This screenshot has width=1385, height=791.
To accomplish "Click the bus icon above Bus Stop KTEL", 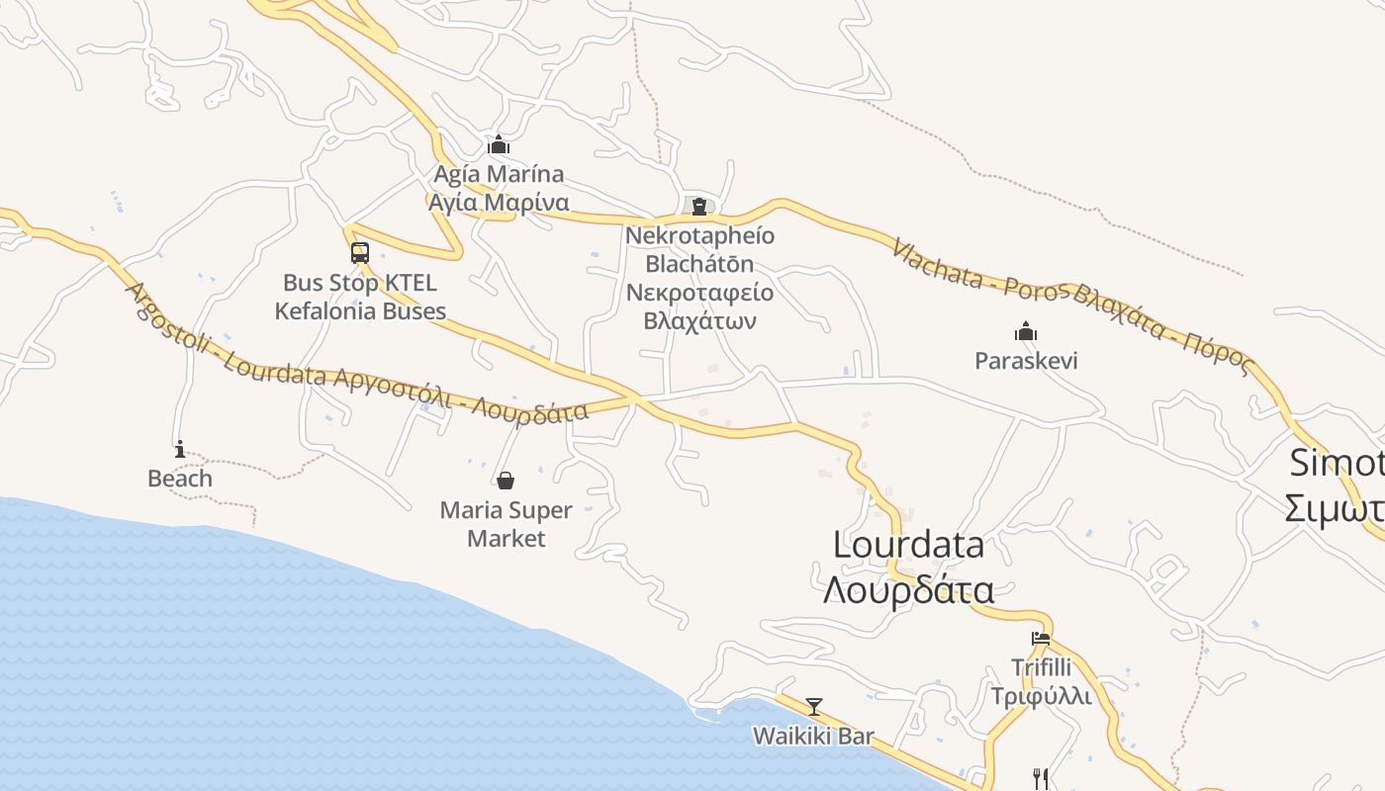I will [x=360, y=252].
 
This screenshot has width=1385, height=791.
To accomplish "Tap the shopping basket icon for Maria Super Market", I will [x=506, y=481].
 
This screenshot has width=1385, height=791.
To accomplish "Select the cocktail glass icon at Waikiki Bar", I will [x=813, y=707].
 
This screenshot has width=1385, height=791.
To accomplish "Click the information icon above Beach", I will [x=179, y=449].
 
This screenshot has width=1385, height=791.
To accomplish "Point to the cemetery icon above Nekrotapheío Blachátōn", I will [x=699, y=206].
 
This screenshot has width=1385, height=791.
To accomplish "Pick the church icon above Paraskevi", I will [x=1026, y=330].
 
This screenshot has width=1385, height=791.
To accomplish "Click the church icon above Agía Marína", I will [x=499, y=145].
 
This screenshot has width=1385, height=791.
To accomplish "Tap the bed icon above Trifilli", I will [x=1041, y=638].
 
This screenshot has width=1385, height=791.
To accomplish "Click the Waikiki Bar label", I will [x=813, y=737].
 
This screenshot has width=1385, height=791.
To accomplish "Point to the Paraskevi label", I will [x=1026, y=361].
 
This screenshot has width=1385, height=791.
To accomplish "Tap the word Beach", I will [x=179, y=479].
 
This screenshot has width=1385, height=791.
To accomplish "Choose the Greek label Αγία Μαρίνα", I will [x=499, y=204].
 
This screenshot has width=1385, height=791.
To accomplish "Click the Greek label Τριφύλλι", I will [x=1041, y=696].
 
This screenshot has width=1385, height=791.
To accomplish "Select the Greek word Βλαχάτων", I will [x=699, y=321].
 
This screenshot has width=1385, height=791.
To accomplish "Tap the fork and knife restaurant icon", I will [x=1040, y=778].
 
